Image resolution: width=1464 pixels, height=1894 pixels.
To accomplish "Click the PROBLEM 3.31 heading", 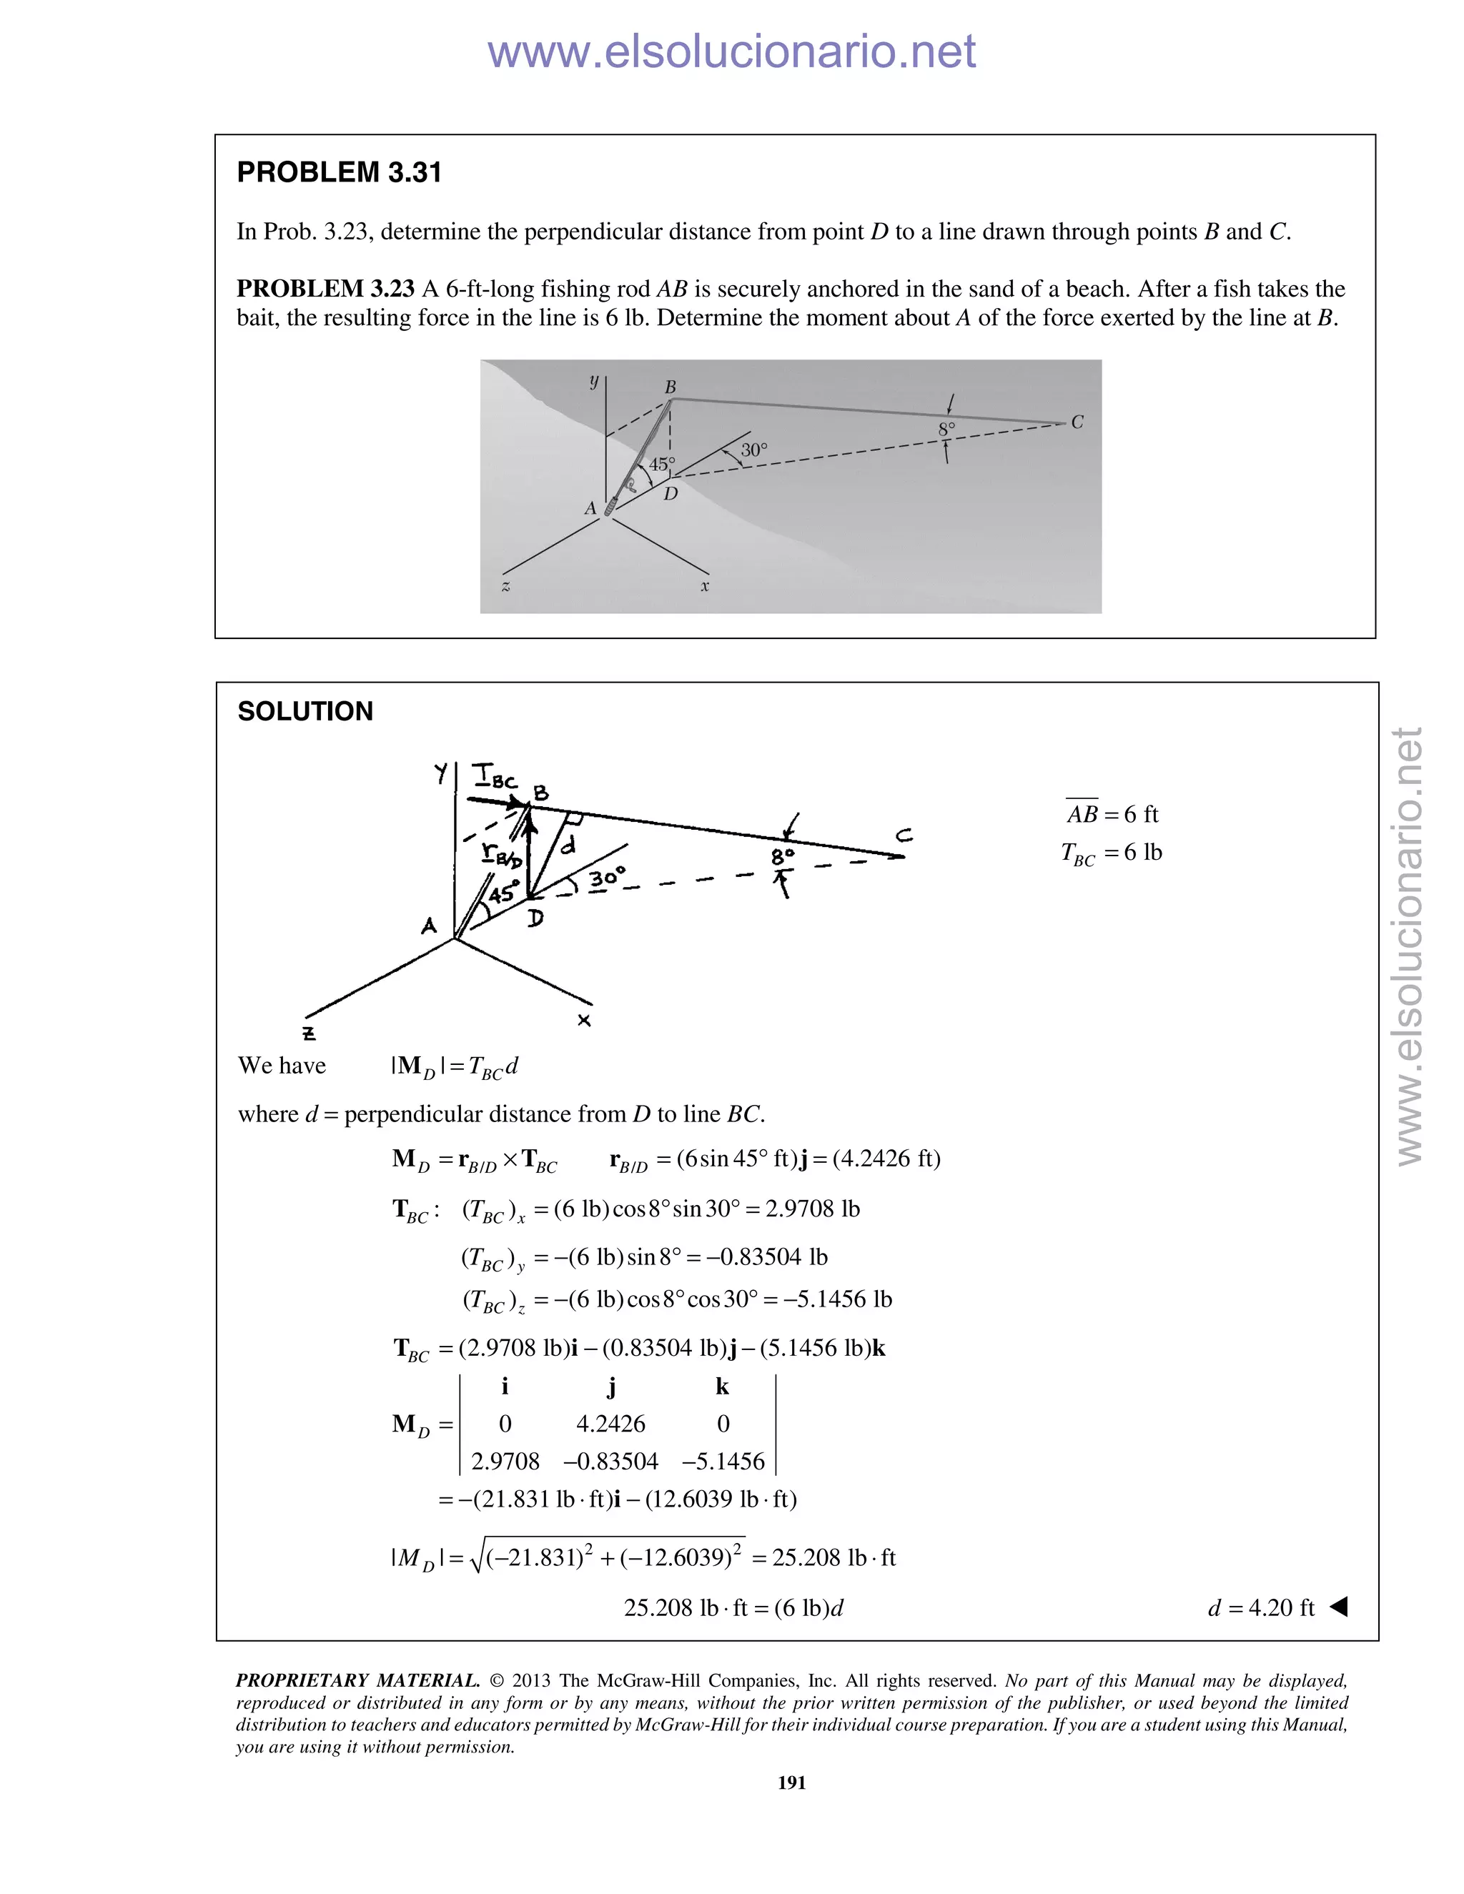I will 339,172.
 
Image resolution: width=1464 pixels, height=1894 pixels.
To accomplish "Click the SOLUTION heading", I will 305,711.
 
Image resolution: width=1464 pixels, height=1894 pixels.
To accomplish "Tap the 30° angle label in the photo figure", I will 753,450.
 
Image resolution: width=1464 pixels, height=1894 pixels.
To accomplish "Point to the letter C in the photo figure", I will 1077,422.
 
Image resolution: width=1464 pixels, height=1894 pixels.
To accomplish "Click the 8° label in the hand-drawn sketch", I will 782,857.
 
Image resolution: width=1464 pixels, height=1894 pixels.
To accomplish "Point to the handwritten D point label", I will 536,918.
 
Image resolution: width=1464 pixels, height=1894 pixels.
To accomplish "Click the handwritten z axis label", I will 309,1033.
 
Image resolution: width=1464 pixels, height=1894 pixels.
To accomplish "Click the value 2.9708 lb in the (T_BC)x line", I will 812,1209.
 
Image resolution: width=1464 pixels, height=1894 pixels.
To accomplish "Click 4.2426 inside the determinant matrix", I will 610,1423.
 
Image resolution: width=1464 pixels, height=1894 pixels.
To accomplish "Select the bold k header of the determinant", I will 721,1386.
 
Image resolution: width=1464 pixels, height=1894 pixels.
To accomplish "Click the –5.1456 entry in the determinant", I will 723,1462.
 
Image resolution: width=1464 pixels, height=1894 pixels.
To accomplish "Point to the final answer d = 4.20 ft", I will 1261,1608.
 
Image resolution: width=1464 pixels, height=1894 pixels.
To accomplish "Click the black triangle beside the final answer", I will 1338,1607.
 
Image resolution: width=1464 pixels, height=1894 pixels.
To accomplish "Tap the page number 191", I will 792,1782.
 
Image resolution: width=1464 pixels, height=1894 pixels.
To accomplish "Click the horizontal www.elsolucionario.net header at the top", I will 731,52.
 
